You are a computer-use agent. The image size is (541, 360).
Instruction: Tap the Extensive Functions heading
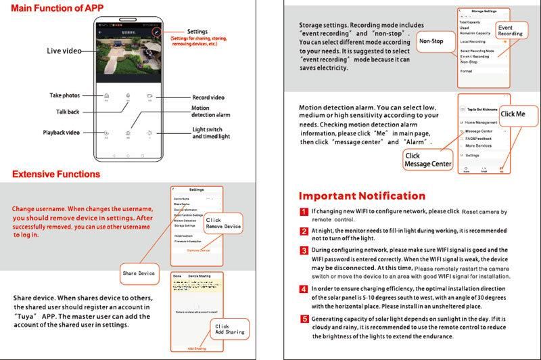tap(56, 174)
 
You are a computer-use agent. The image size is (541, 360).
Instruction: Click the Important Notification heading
tap(362, 196)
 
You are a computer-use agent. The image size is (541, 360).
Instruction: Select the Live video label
tap(64, 51)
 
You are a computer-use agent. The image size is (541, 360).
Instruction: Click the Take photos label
tap(65, 95)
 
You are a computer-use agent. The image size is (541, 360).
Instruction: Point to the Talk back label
tap(68, 112)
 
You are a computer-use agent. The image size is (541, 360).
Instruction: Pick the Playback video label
tap(62, 132)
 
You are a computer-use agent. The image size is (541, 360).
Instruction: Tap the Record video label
tap(208, 97)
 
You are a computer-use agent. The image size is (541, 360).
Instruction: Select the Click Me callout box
tap(513, 114)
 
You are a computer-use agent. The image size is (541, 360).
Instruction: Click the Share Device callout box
tap(139, 273)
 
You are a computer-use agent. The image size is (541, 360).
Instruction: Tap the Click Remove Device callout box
tap(223, 223)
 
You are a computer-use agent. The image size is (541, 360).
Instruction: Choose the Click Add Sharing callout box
tap(229, 330)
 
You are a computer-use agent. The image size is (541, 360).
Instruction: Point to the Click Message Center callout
tap(427, 160)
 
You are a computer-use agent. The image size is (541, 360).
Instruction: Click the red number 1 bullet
tap(304, 212)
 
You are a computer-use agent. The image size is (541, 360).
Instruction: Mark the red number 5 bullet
tap(304, 319)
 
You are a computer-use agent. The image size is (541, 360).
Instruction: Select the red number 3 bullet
tap(304, 250)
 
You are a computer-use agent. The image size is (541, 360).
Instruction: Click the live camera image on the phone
tap(128, 59)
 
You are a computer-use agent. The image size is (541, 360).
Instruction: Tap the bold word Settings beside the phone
tap(197, 32)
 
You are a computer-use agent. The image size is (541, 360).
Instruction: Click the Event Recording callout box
tap(510, 30)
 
